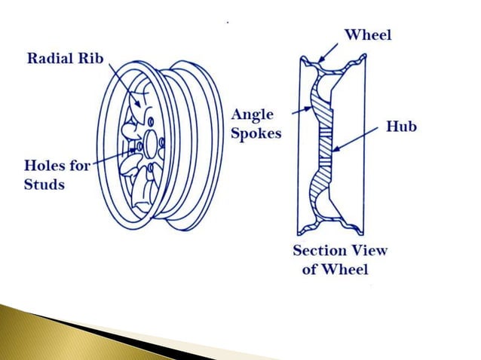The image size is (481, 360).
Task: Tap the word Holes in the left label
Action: click(44, 166)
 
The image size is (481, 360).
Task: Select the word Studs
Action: click(44, 183)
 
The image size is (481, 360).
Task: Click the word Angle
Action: click(252, 115)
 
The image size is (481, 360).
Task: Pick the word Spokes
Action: click(256, 133)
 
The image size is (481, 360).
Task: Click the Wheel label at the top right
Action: click(369, 34)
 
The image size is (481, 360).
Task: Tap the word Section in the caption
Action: click(319, 251)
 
